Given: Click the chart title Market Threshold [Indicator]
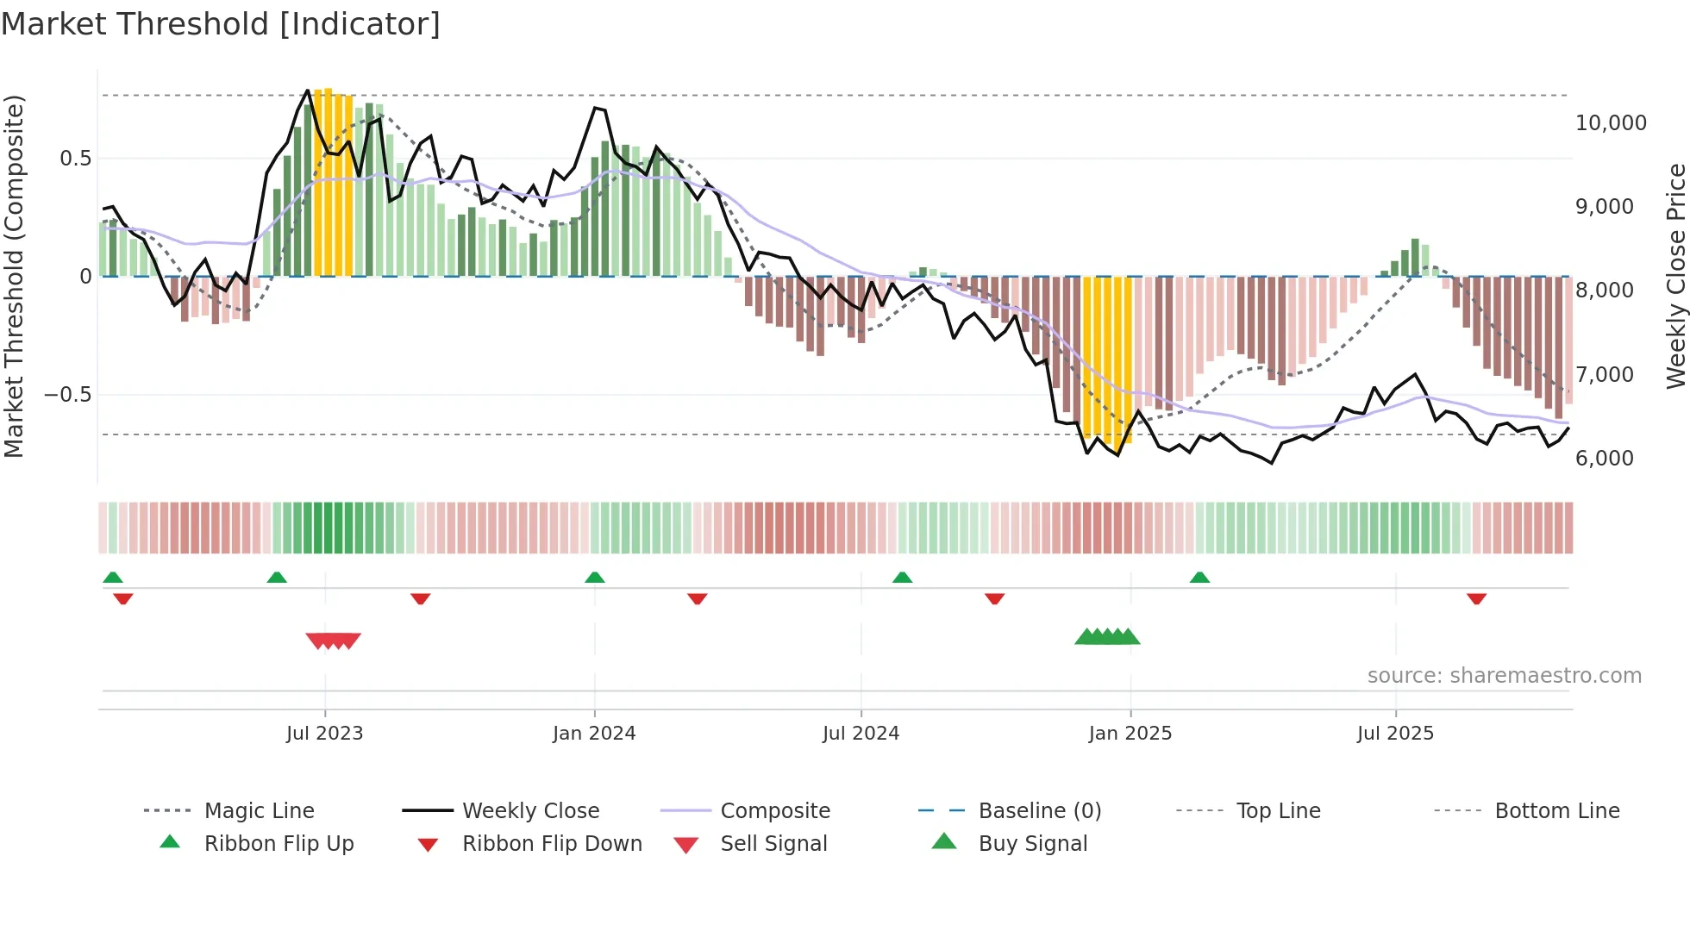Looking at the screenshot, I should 221,24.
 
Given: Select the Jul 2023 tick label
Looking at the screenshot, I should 324,734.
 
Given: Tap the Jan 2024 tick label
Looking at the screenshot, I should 594,734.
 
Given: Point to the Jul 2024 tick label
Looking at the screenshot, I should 861,734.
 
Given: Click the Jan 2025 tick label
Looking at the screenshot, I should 1130,734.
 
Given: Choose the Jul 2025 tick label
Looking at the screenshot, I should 1395,734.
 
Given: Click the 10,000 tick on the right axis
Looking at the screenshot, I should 1611,123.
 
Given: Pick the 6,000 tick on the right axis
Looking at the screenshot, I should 1604,459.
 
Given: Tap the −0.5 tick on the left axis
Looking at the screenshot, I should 67,395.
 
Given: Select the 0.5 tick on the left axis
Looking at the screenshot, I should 75,159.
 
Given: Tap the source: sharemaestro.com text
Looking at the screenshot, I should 1504,676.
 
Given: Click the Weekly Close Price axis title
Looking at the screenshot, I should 1675,276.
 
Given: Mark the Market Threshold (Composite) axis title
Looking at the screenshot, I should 14,276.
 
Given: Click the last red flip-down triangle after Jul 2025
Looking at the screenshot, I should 1476,598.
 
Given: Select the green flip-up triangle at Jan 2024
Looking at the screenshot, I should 594,578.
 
